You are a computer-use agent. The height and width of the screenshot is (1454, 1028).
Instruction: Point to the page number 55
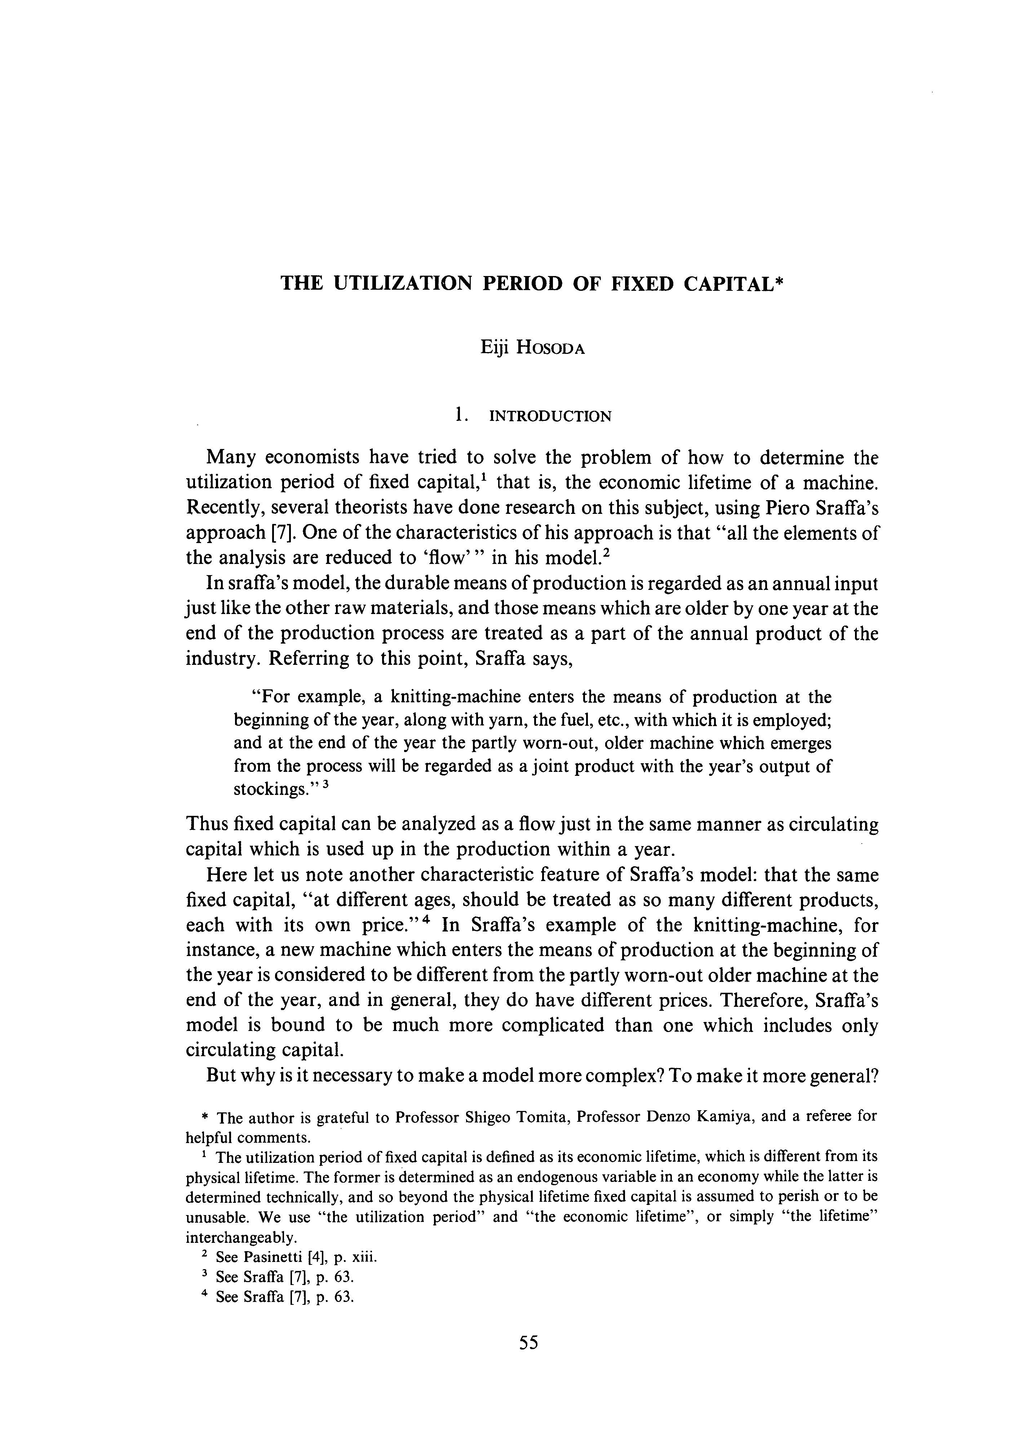[528, 1360]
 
